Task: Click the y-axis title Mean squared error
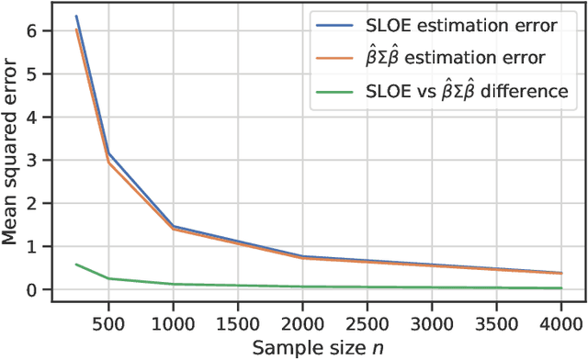[x=13, y=152]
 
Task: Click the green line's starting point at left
[x=76, y=264]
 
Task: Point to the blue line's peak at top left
[x=76, y=17]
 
